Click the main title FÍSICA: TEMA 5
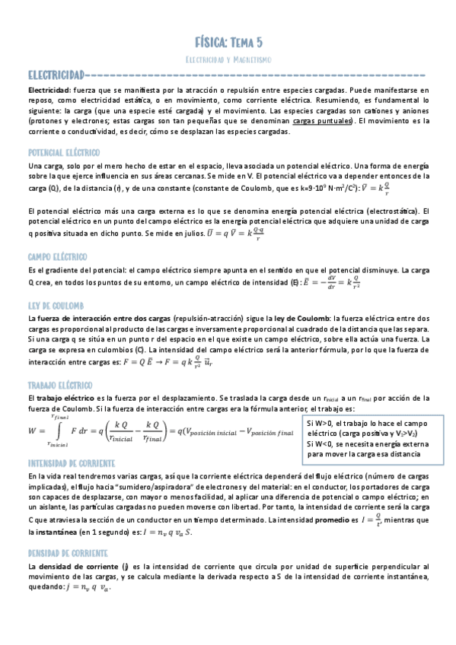tap(228, 41)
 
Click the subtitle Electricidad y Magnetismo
tap(228, 59)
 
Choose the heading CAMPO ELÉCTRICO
tap(56, 257)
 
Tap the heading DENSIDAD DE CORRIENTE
tap(68, 554)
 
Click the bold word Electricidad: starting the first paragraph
tap(49, 88)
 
